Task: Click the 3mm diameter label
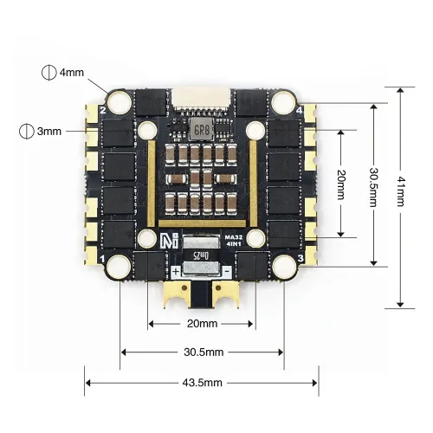pyautogui.click(x=51, y=132)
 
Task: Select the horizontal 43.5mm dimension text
pyautogui.click(x=201, y=382)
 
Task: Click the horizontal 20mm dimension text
pyautogui.click(x=201, y=323)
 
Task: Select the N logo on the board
pyautogui.click(x=171, y=242)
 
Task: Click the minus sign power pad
pyautogui.click(x=227, y=271)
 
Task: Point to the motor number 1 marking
pyautogui.click(x=104, y=259)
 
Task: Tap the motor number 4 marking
pyautogui.click(x=300, y=111)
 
